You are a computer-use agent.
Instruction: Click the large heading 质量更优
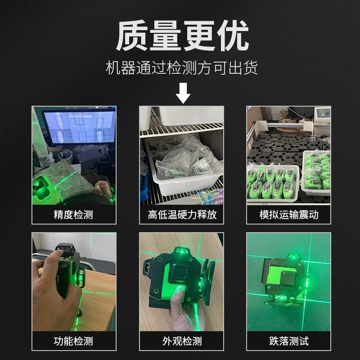[x=183, y=36]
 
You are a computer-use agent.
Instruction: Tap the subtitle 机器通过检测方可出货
[x=182, y=67]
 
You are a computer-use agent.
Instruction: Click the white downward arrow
[x=183, y=93]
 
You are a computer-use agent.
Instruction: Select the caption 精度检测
[x=73, y=215]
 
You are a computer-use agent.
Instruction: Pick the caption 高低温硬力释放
[x=182, y=215]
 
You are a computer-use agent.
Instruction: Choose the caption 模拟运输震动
[x=289, y=215]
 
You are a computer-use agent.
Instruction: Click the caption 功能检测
[x=73, y=341]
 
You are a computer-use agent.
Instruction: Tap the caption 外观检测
[x=182, y=341]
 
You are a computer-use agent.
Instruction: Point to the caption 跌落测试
[x=289, y=341]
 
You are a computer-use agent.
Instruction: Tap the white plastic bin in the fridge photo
[x=184, y=170]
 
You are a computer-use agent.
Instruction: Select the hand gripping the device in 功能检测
[x=55, y=292]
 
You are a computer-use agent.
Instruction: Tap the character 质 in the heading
[x=132, y=36]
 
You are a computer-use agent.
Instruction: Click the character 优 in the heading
[x=233, y=36]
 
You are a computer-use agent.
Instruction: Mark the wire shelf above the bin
[x=182, y=130]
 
